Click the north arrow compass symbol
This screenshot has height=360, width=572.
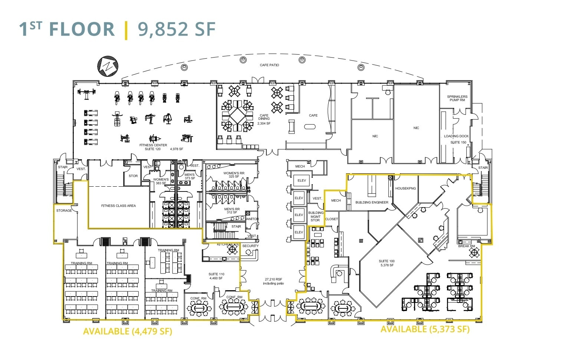108,66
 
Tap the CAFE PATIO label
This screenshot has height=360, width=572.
269,65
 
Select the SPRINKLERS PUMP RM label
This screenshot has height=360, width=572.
457,98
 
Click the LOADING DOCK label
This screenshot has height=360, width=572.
456,136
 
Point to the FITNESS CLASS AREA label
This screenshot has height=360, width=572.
118,206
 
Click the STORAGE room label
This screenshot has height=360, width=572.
64,211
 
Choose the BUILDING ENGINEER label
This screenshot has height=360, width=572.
372,203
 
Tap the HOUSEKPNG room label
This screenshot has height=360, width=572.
405,189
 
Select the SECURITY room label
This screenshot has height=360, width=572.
250,246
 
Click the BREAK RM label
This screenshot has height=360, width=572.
466,246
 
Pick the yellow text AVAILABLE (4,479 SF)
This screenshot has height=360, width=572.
128,331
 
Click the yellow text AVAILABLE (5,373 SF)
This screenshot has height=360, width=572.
425,329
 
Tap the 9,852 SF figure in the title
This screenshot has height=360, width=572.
177,29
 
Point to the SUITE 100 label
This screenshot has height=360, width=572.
387,263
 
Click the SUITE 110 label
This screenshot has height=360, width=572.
216,276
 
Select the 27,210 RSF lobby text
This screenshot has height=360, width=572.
273,281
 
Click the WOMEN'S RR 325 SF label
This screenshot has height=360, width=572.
234,175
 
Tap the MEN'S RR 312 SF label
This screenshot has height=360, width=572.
232,211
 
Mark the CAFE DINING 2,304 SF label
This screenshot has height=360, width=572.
264,119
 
